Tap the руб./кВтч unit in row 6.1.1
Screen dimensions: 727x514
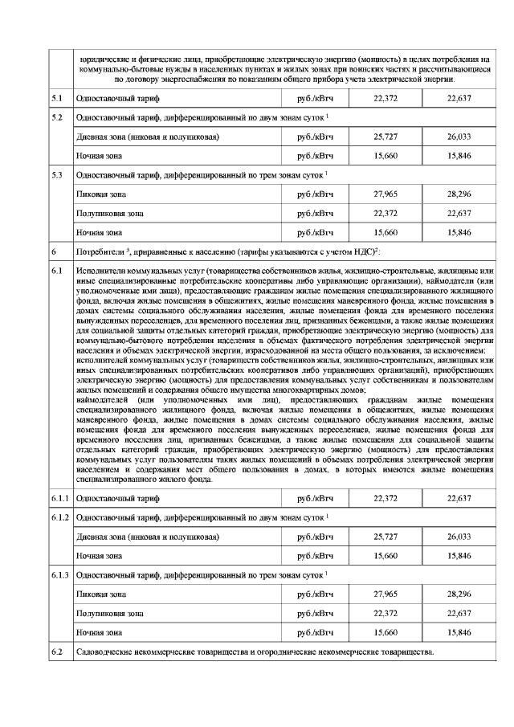pos(314,499)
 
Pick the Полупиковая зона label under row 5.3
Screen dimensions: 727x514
pos(109,214)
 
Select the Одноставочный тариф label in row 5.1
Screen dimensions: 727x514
pos(117,98)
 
